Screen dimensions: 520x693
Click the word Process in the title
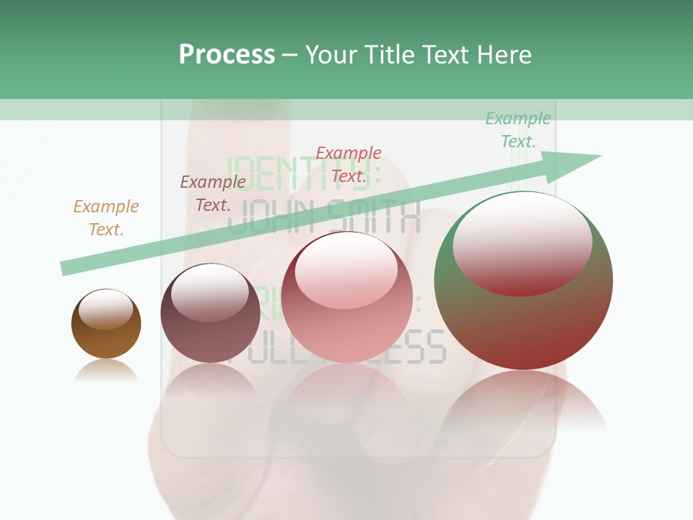[x=227, y=55]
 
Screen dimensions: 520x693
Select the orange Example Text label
[x=106, y=218]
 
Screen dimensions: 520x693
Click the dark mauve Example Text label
[x=213, y=194]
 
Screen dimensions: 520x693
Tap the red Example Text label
[x=349, y=165]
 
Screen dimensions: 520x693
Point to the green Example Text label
[x=518, y=130]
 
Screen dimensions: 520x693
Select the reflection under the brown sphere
[x=106, y=371]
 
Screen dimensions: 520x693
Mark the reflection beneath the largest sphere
[x=523, y=404]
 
